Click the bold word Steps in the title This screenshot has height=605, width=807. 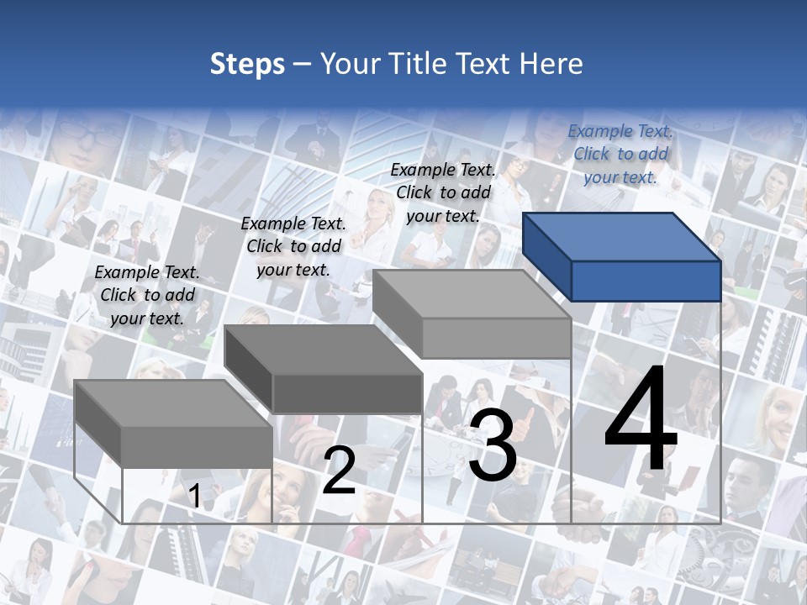(247, 64)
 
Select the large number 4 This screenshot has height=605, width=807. (641, 420)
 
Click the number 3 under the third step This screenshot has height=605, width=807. (493, 445)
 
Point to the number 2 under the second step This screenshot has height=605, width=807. (339, 471)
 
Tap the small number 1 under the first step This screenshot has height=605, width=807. (194, 497)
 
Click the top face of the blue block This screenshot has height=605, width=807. (622, 237)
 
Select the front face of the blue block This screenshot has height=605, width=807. (646, 281)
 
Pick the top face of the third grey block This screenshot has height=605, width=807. (471, 294)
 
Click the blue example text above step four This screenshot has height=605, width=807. (620, 154)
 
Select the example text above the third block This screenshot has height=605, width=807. (443, 192)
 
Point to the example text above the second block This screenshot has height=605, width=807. (293, 246)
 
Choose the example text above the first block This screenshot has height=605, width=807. (147, 295)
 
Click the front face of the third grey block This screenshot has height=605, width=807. (496, 339)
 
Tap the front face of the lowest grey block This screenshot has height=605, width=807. (197, 447)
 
